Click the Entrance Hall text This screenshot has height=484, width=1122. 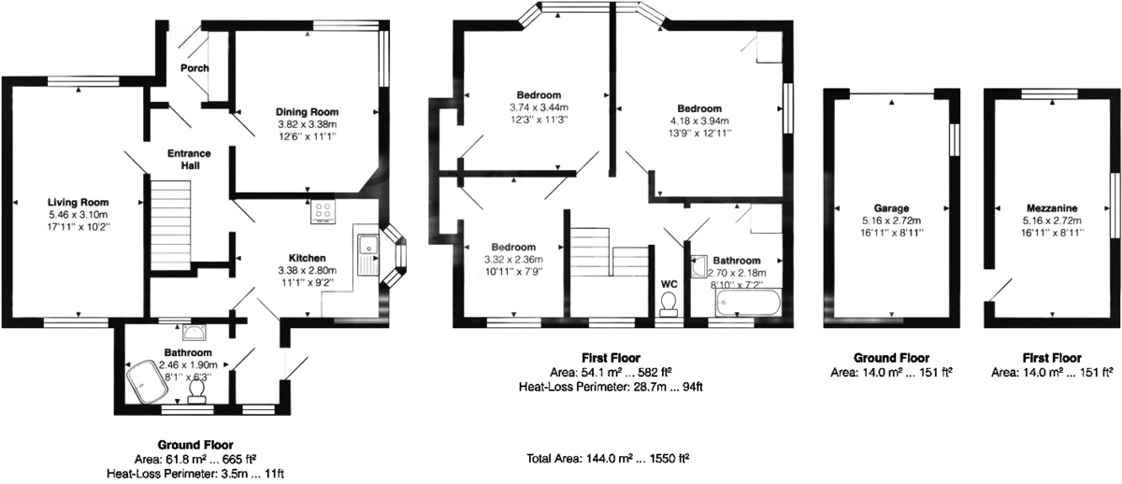(189, 159)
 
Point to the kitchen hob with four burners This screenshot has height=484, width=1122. (324, 212)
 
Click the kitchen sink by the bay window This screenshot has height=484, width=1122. (366, 249)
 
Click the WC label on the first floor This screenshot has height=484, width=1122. (669, 284)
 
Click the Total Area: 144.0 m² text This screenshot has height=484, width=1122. (609, 459)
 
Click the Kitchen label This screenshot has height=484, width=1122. (307, 258)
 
